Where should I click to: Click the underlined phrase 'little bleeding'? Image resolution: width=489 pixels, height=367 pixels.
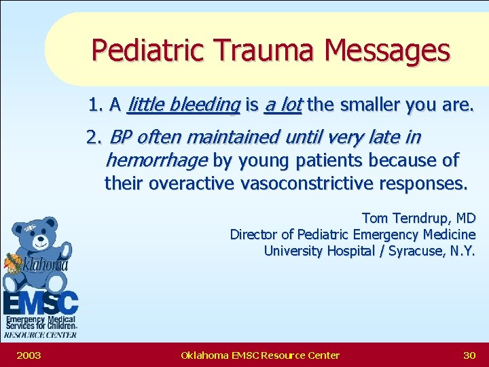tap(183, 105)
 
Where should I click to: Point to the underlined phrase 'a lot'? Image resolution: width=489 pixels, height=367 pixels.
tap(283, 105)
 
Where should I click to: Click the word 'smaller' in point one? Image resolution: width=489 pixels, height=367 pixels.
tap(367, 105)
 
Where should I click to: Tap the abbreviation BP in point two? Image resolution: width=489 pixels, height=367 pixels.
tap(120, 138)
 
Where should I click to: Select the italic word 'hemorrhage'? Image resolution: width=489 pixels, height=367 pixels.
tap(157, 161)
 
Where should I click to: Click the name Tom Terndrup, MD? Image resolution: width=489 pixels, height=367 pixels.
tap(418, 218)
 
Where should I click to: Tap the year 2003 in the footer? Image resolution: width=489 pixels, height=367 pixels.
tap(29, 355)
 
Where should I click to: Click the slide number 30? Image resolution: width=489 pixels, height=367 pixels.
tap(469, 355)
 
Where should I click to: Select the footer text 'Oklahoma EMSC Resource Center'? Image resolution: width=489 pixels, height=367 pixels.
tap(260, 355)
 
